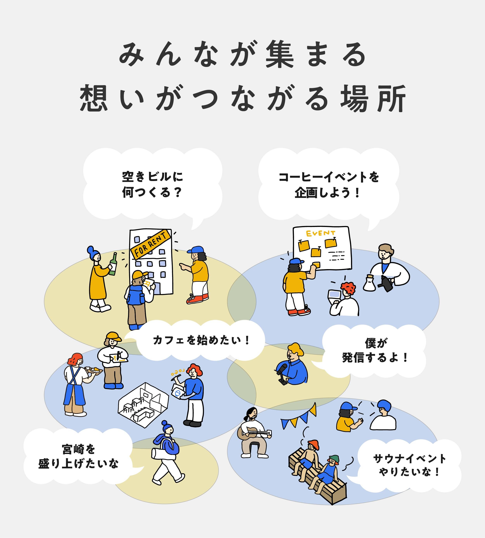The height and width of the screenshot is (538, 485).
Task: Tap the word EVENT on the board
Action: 320,233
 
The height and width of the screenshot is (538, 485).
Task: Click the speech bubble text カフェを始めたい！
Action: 201,340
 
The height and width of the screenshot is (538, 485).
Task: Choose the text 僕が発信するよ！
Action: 375,351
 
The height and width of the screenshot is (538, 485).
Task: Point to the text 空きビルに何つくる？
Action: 152,184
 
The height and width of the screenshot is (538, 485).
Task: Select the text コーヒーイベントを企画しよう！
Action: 329,185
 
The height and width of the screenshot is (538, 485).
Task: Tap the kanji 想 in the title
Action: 94,98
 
